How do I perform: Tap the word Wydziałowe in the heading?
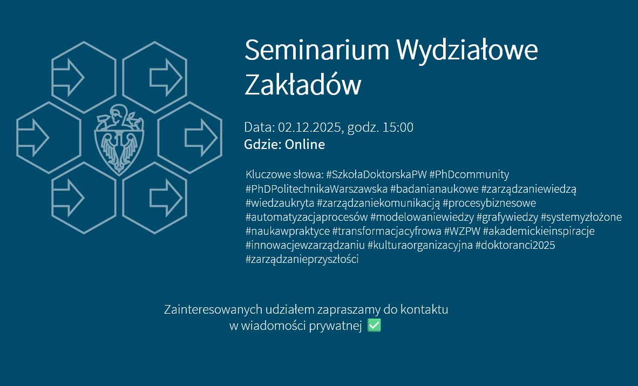[x=467, y=50]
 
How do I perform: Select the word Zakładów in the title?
[x=303, y=85]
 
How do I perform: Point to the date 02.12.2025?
[x=309, y=127]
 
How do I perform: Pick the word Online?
[x=305, y=145]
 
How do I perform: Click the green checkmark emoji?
[x=374, y=326]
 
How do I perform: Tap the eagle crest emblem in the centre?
[x=119, y=140]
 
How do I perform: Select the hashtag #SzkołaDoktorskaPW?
[x=376, y=174]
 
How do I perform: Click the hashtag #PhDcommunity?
[x=469, y=175]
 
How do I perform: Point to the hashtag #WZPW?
[x=462, y=231]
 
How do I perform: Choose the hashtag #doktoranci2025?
[x=515, y=245]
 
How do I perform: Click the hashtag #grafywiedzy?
[x=507, y=218]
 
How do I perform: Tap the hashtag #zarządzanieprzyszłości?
[x=302, y=259]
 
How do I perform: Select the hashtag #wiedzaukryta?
[x=280, y=203]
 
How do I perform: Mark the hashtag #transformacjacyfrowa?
[x=386, y=231]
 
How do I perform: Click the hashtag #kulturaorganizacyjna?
[x=420, y=246]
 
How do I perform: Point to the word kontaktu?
[x=424, y=309]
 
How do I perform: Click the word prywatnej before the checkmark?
[x=335, y=326]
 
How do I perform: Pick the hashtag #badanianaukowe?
[x=434, y=189]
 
